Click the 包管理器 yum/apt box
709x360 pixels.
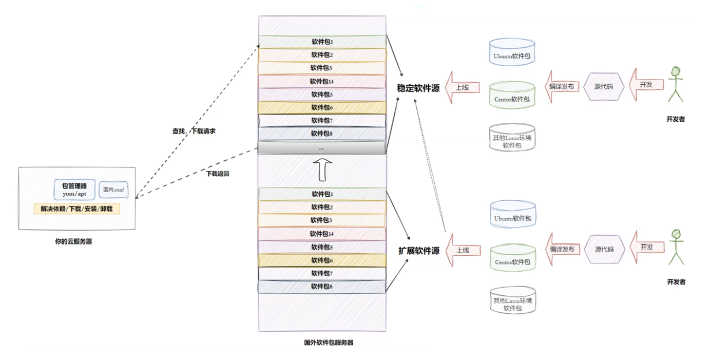[74, 190]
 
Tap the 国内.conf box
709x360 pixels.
[113, 190]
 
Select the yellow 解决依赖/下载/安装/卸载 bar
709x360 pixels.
[77, 209]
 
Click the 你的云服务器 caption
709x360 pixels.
[73, 241]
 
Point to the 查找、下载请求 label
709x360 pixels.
[194, 131]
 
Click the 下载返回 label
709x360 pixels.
[218, 174]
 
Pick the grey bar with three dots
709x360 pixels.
[321, 148]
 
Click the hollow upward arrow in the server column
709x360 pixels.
[322, 169]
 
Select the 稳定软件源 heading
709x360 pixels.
[418, 88]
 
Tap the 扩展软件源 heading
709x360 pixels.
[419, 251]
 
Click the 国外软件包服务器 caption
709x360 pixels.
[329, 343]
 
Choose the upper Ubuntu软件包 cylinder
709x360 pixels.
[512, 52]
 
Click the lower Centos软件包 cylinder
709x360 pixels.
[513, 257]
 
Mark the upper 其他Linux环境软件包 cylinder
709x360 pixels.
[512, 138]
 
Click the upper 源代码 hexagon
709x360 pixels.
[604, 86]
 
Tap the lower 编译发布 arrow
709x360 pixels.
[563, 249]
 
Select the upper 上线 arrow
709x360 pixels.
[463, 87]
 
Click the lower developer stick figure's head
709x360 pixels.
[676, 234]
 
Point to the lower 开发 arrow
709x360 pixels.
[647, 247]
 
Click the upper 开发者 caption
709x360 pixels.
[676, 119]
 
